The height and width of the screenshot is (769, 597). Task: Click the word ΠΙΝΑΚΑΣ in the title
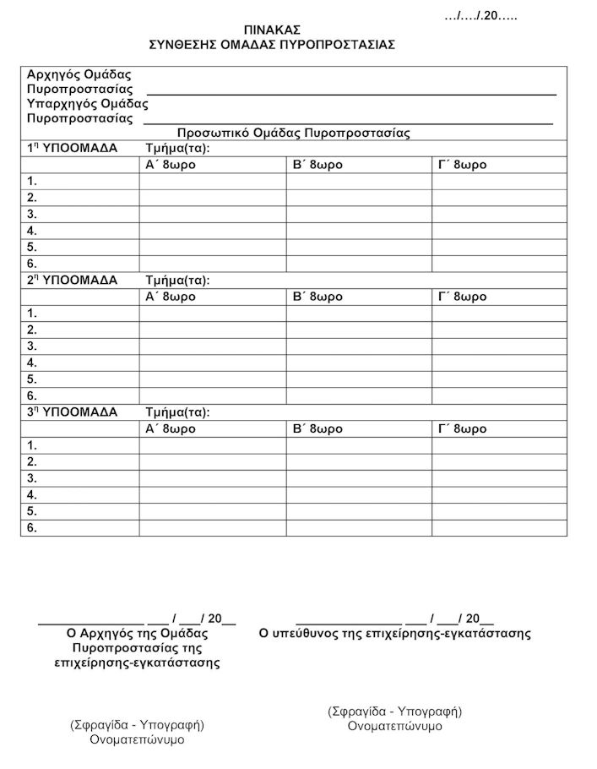tap(272, 30)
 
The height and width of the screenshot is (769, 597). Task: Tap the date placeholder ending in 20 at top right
tap(480, 16)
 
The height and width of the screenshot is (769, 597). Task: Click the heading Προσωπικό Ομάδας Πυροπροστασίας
tap(293, 134)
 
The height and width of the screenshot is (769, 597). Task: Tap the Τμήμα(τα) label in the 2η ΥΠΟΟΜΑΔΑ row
tap(177, 281)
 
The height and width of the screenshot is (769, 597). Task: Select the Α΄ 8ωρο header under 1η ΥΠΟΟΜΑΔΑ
tap(171, 165)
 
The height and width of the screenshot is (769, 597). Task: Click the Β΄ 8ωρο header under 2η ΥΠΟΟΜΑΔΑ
tap(317, 297)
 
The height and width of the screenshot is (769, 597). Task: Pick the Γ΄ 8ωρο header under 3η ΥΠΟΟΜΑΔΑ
tap(462, 428)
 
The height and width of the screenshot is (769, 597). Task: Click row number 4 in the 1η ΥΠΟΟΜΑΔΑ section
tap(32, 231)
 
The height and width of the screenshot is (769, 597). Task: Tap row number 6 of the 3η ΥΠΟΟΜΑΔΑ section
tap(32, 528)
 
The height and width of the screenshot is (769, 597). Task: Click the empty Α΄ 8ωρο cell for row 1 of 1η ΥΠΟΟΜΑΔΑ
tap(212, 181)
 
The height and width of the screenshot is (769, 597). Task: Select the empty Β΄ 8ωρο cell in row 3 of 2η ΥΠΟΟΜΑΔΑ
tap(359, 346)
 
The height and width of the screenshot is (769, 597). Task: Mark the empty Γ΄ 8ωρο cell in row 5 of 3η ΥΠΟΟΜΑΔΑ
tap(499, 511)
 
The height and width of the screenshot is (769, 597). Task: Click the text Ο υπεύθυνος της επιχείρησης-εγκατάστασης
tap(394, 633)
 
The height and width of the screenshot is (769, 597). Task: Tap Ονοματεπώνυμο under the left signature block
tap(137, 739)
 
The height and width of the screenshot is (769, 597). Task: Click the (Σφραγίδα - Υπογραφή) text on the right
tap(394, 712)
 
